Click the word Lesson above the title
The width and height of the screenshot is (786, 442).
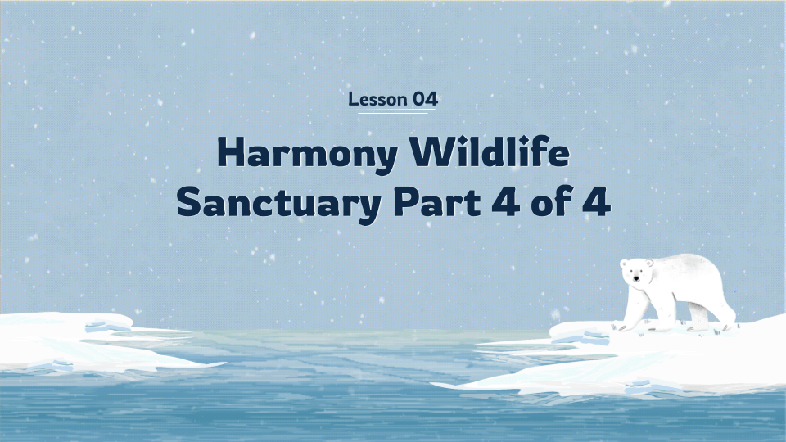377,100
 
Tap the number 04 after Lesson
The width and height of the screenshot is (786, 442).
425,100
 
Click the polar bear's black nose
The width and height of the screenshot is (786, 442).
635,281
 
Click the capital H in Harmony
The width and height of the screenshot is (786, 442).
229,153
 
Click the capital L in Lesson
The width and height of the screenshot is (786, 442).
353,100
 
